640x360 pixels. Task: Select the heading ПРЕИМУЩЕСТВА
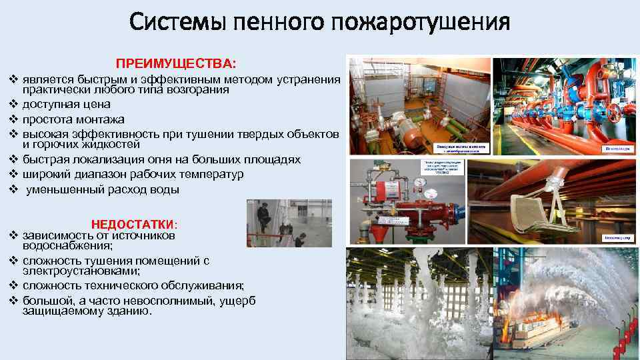(176, 64)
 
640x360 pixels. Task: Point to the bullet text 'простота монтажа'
(73, 120)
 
